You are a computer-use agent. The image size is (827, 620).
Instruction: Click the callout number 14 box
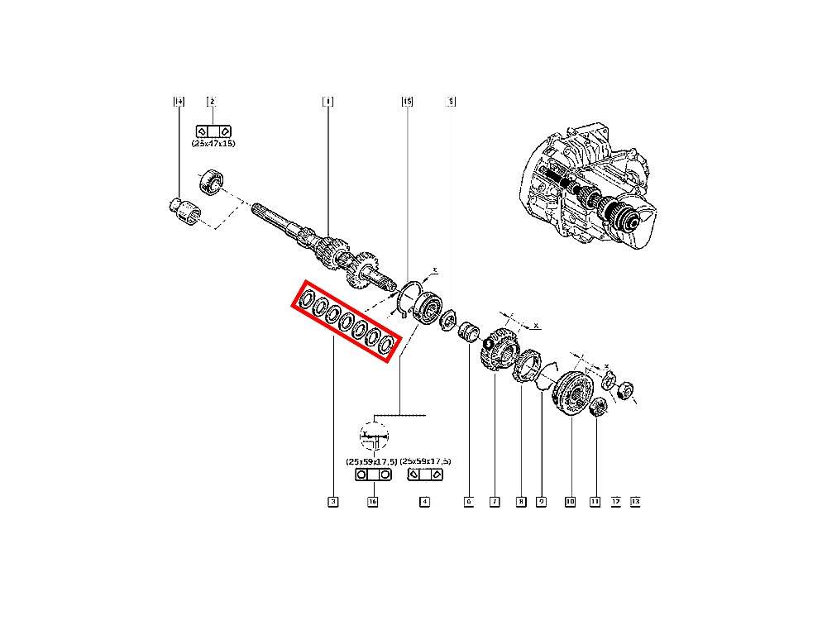[179, 102]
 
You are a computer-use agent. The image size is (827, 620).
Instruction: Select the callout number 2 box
[212, 102]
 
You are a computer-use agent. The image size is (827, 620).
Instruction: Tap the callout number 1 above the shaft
[327, 102]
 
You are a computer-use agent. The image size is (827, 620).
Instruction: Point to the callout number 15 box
[407, 102]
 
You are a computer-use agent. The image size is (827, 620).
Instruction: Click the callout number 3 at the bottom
[332, 501]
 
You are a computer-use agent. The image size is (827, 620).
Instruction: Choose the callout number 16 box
[373, 501]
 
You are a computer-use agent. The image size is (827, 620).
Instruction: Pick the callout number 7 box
[494, 501]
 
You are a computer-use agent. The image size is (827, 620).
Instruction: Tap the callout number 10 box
[570, 501]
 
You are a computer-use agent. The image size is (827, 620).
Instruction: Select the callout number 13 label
[635, 501]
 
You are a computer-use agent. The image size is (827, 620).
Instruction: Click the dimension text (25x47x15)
[213, 143]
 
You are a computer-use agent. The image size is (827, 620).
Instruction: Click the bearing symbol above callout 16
[373, 475]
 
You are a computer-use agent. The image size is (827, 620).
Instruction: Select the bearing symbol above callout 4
[425, 475]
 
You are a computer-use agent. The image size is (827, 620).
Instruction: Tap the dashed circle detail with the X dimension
[374, 434]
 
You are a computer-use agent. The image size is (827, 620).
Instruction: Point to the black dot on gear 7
[489, 343]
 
